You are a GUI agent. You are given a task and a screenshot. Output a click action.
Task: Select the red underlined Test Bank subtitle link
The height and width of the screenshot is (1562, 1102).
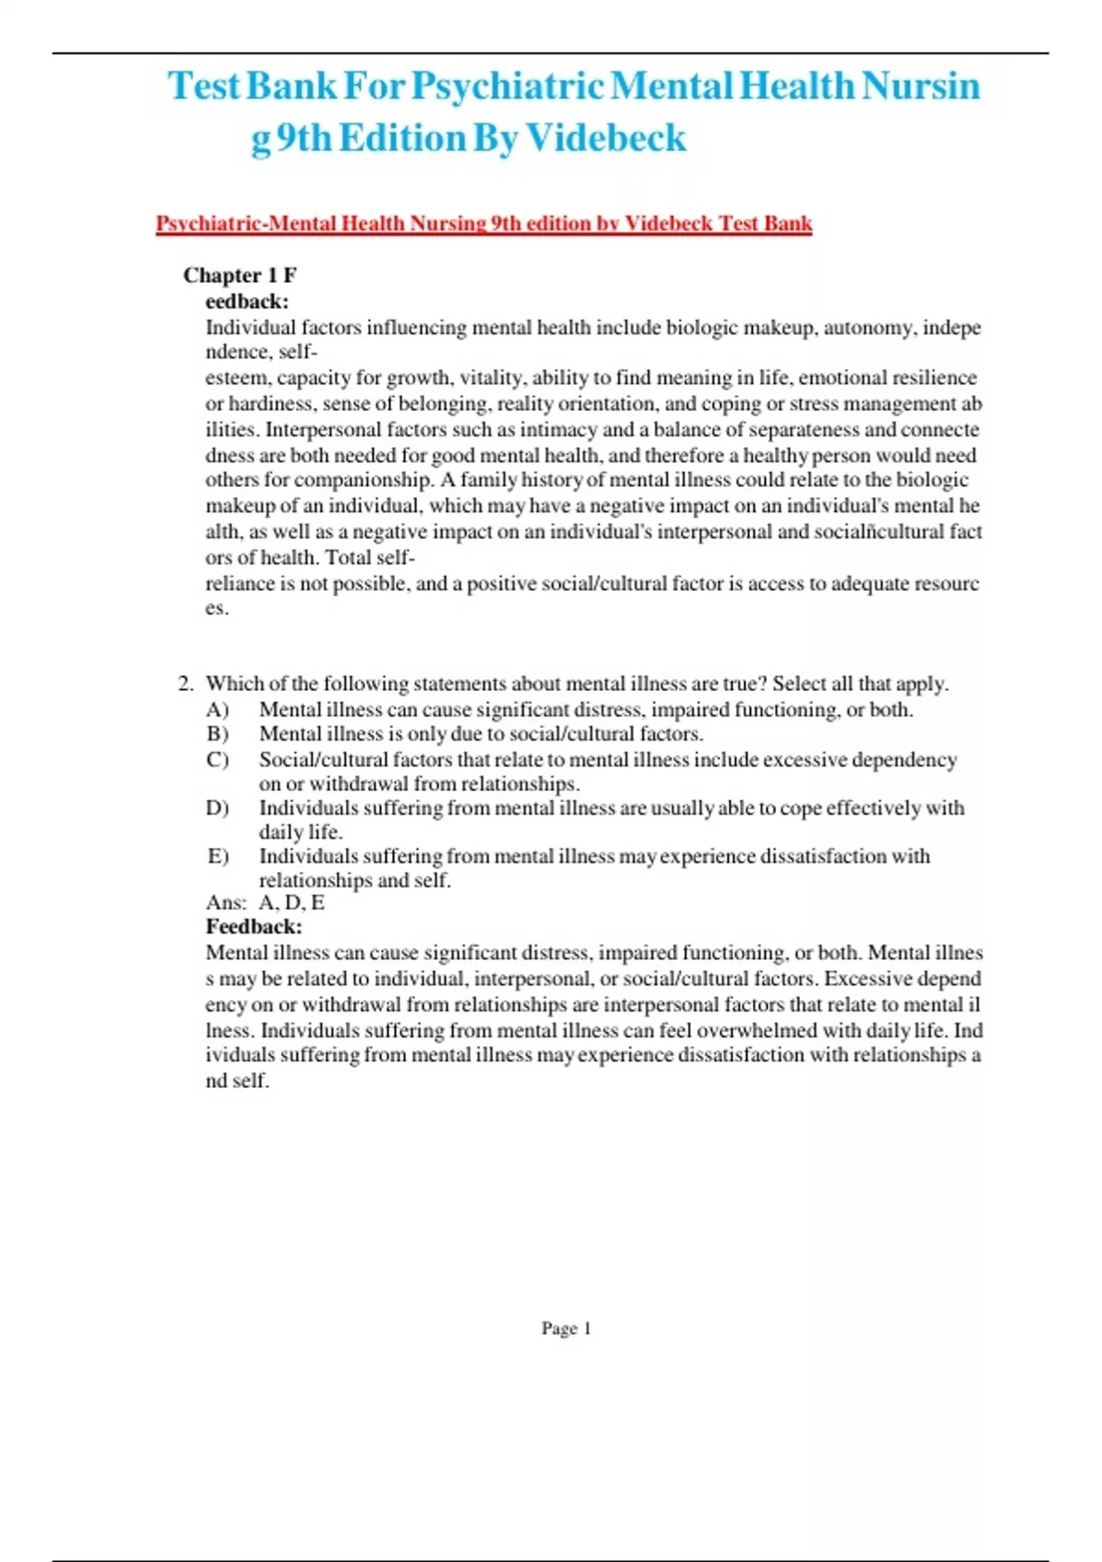coord(484,223)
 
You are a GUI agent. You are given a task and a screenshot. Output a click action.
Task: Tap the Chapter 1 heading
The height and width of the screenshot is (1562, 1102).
coord(240,275)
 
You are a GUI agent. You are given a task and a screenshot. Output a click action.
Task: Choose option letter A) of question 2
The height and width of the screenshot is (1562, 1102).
coord(218,709)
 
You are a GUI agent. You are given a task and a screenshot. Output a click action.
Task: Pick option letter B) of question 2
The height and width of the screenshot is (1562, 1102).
coord(218,733)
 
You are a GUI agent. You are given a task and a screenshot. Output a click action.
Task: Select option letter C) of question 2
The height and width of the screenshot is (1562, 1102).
coord(218,759)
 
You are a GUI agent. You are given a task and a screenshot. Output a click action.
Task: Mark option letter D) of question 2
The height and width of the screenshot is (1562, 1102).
coord(218,808)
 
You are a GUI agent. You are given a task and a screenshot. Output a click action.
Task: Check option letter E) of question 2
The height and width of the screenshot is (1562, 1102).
coord(218,855)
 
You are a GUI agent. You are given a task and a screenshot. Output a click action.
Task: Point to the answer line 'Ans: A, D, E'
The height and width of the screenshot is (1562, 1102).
coord(265,902)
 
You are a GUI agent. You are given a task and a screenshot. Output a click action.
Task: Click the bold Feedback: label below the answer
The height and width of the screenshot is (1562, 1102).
coord(253,926)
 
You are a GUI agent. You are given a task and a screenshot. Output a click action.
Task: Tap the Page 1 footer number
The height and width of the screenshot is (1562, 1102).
coord(566,1328)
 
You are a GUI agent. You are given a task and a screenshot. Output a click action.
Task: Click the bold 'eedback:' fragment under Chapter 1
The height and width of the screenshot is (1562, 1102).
coord(247,300)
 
